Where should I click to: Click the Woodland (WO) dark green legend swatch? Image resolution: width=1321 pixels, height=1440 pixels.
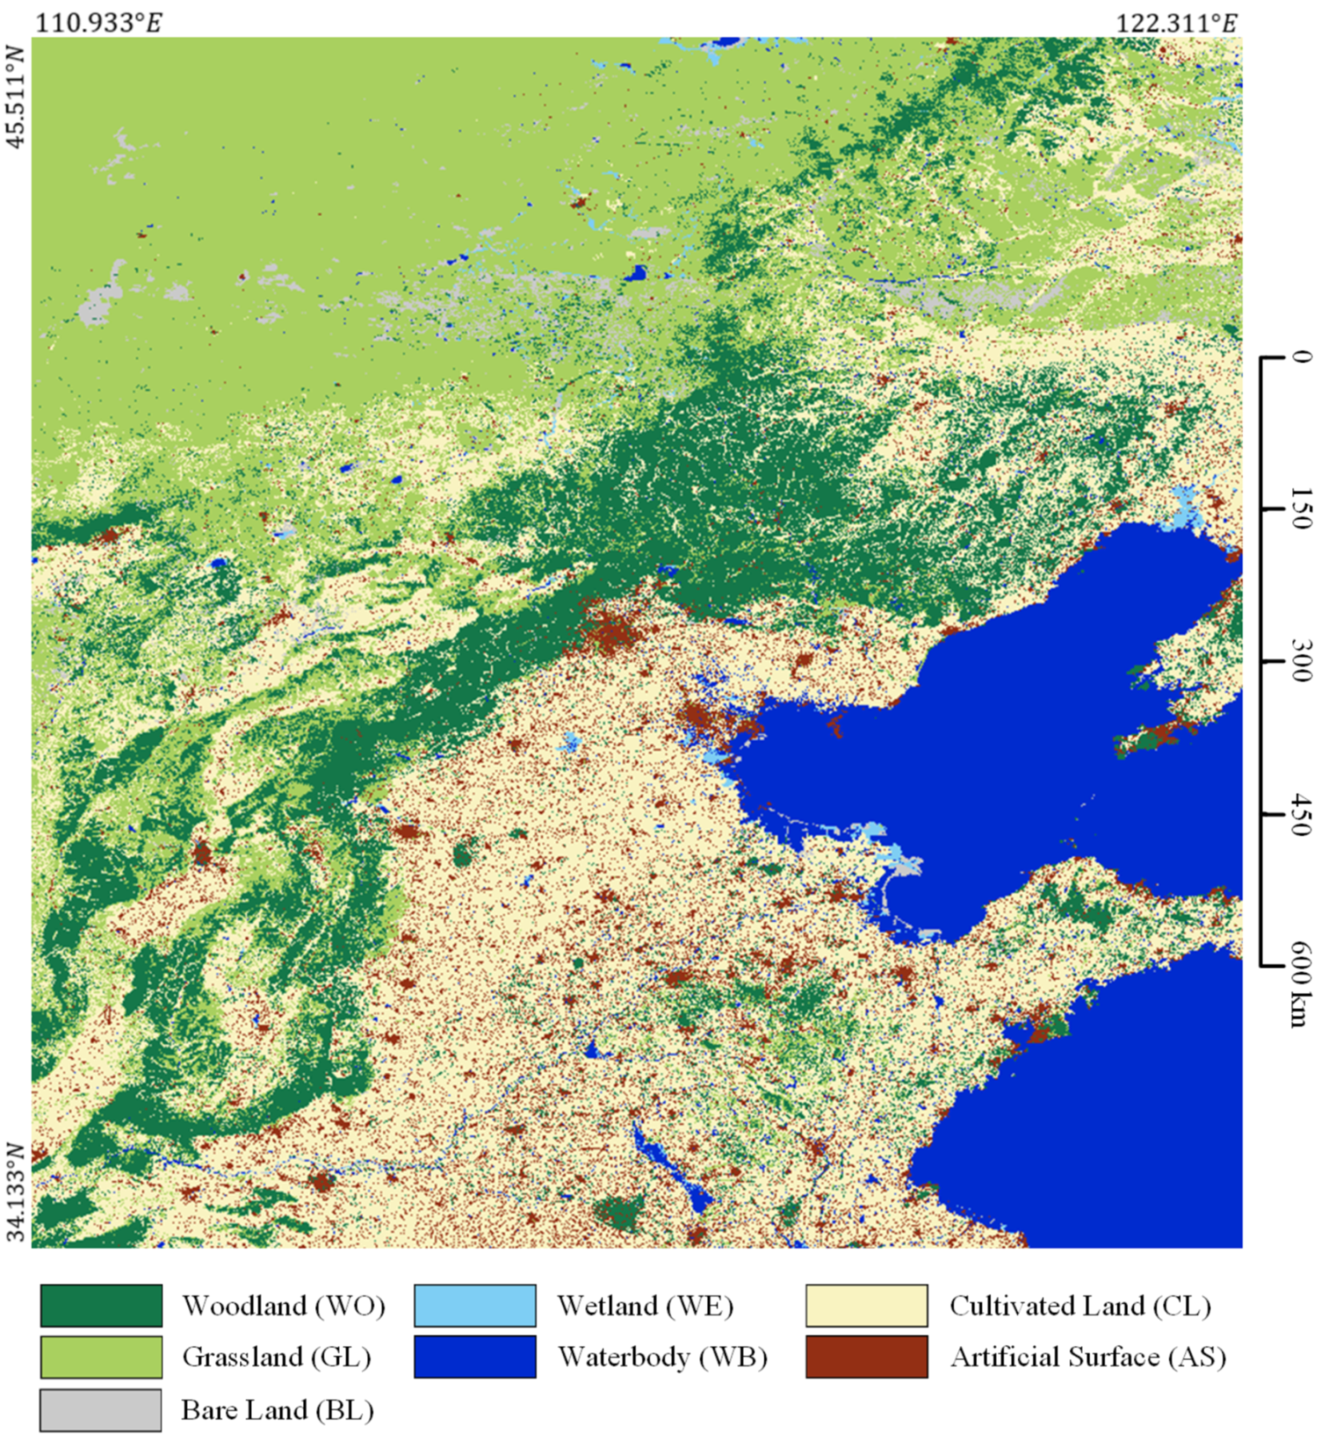(101, 1306)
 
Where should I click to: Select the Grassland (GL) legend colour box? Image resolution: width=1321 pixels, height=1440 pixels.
(101, 1357)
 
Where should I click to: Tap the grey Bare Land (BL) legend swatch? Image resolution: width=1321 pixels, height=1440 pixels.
(101, 1409)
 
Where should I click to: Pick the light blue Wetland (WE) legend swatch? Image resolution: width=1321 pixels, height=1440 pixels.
(475, 1306)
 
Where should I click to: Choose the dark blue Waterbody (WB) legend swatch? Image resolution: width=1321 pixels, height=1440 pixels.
(475, 1357)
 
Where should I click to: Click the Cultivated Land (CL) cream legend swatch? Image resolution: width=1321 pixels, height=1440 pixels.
(867, 1306)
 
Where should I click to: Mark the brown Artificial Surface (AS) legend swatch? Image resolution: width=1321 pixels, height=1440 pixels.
(867, 1357)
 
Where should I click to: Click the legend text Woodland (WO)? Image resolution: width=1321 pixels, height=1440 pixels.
(284, 1306)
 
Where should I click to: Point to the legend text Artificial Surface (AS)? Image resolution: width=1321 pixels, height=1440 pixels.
(1088, 1357)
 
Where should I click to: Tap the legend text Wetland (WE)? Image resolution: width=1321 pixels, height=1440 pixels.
(645, 1306)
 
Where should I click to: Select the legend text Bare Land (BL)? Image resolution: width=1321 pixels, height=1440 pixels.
(277, 1410)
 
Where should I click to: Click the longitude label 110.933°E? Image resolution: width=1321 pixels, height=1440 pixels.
(98, 23)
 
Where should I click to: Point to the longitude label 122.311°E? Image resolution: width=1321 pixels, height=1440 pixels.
(1176, 23)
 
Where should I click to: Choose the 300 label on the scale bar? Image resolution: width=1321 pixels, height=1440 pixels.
(1301, 660)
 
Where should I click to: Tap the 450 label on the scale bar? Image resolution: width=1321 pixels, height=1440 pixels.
(1301, 814)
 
